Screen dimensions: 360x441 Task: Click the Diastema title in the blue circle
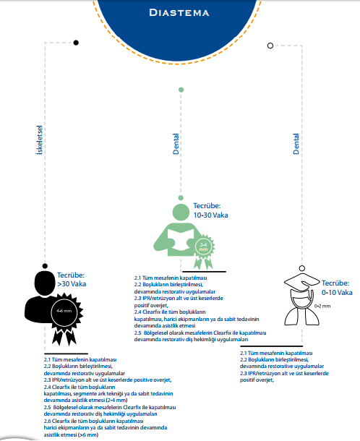click(179, 13)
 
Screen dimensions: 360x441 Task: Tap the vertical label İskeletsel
click(39, 140)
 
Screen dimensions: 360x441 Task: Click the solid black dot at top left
click(76, 43)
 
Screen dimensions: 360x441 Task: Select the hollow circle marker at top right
click(270, 46)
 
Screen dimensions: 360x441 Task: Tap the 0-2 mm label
click(322, 306)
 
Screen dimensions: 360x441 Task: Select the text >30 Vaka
click(72, 284)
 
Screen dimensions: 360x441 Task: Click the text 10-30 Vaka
click(210, 215)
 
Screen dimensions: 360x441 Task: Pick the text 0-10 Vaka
click(337, 293)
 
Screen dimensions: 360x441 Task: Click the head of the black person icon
click(45, 283)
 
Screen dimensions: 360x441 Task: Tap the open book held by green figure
click(181, 239)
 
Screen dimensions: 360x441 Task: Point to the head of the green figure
click(181, 212)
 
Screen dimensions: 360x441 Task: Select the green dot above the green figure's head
click(181, 197)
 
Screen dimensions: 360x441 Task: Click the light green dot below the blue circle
click(181, 90)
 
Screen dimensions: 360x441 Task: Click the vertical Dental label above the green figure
click(176, 144)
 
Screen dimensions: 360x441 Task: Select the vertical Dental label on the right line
click(296, 144)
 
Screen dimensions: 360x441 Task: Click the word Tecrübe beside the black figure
click(71, 275)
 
